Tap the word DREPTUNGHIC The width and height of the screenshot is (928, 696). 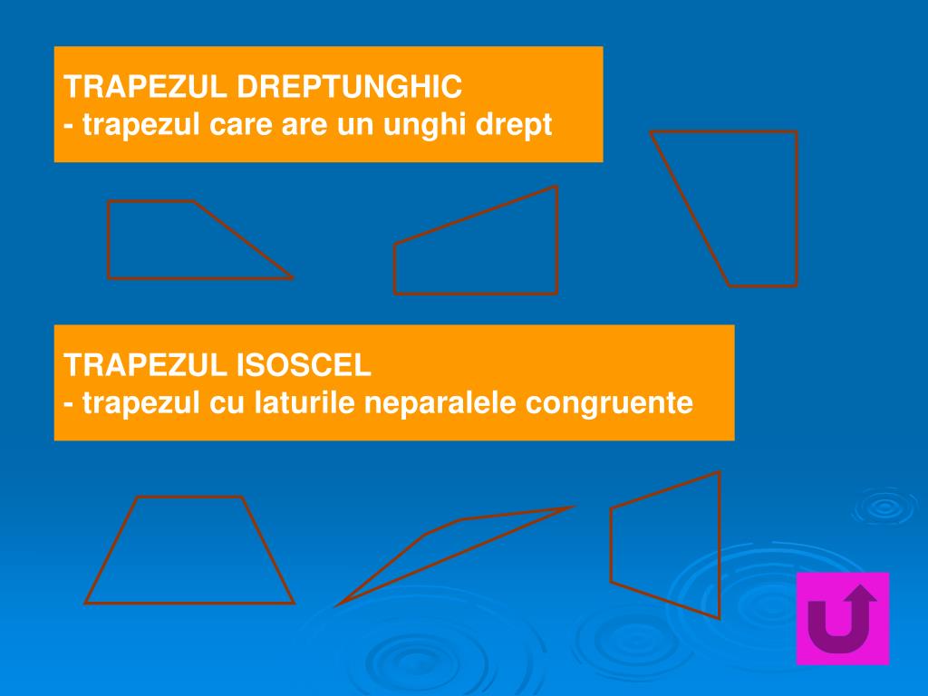(x=350, y=87)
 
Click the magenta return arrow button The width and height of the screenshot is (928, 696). (x=842, y=618)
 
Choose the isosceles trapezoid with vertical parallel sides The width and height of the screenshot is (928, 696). (x=666, y=544)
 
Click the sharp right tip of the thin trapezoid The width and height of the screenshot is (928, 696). (x=571, y=508)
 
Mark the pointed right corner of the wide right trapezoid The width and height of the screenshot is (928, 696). (x=290, y=277)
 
